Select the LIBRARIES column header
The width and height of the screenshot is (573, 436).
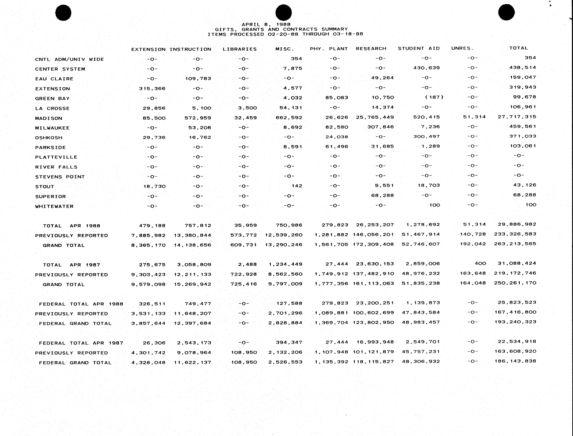240,49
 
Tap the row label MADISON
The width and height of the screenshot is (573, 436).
49,118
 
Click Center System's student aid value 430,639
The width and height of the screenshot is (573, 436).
426,68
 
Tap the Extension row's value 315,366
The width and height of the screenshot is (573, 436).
152,88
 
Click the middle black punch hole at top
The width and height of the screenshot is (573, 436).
284,12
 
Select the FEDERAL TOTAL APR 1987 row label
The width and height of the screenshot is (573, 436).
81,343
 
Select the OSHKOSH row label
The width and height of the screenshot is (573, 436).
49,138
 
